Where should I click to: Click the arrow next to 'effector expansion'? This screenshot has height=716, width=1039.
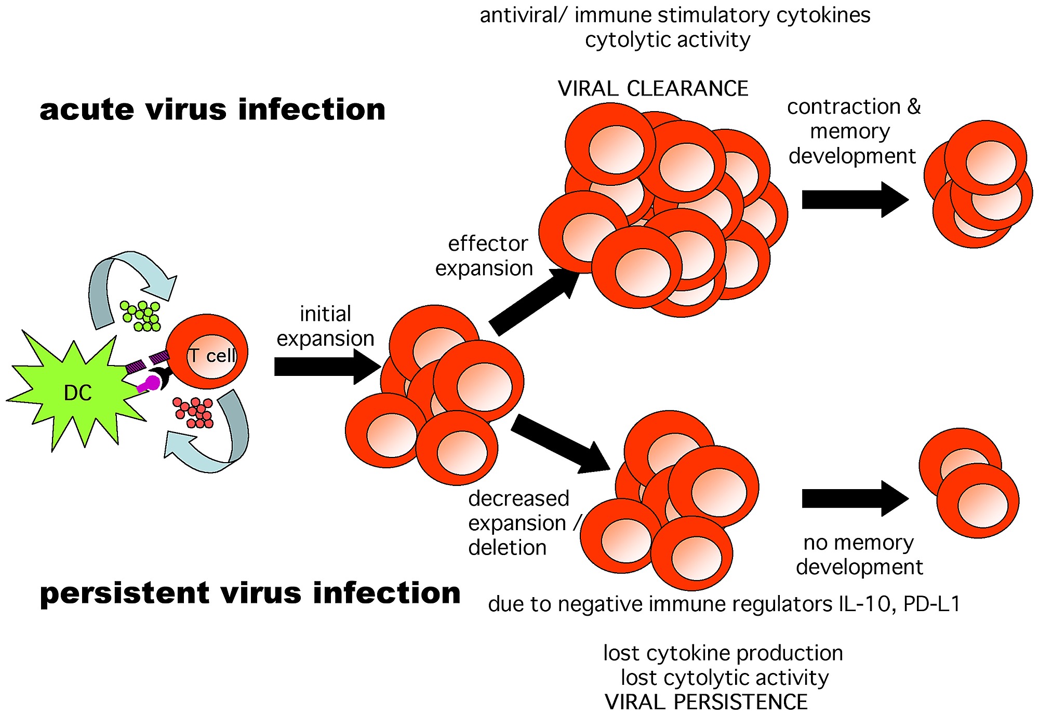535,301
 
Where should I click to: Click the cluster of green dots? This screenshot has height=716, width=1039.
141,316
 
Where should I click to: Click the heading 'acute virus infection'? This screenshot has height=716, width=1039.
212,110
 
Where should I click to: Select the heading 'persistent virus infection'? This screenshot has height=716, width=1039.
250,593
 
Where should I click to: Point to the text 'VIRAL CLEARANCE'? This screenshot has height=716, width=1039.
653,89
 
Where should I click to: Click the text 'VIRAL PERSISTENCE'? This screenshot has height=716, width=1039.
706,702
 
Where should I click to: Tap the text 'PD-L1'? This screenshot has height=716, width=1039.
932,604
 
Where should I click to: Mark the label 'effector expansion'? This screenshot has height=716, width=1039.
484,256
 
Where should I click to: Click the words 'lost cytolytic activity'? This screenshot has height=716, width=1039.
724,678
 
